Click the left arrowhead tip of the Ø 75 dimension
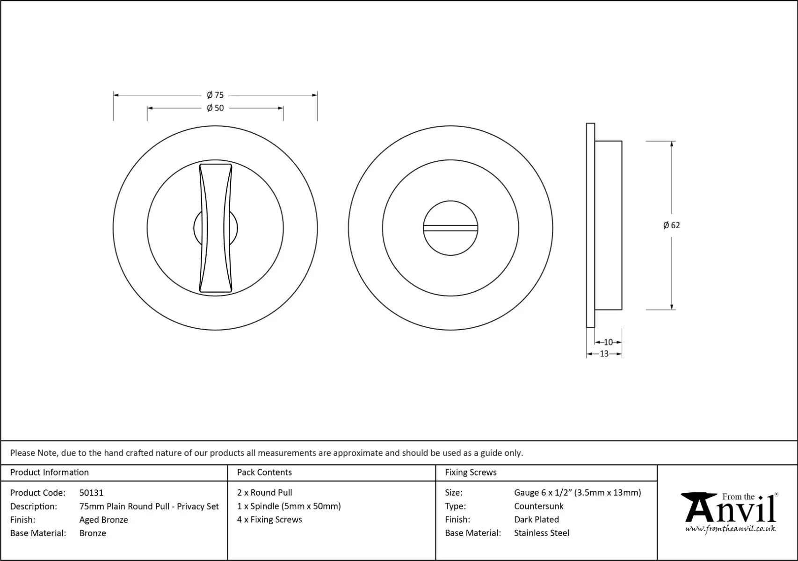point(114,95)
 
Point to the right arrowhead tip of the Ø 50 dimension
point(283,108)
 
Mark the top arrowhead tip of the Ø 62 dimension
point(672,142)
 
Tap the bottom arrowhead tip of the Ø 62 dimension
point(672,309)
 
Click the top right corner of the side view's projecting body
point(622,141)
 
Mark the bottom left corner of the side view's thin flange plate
point(587,327)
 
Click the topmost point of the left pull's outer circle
point(215,126)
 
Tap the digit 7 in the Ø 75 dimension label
point(217,95)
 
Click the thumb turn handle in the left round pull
point(216,228)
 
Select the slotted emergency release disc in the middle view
point(450,228)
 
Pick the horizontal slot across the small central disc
point(450,228)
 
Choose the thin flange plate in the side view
point(590,225)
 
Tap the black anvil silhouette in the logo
point(698,507)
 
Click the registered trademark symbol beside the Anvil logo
point(776,495)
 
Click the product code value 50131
point(91,493)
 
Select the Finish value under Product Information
point(104,520)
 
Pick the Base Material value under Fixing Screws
point(542,533)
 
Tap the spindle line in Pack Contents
point(289,506)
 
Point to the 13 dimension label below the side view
point(604,354)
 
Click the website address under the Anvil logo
point(730,529)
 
